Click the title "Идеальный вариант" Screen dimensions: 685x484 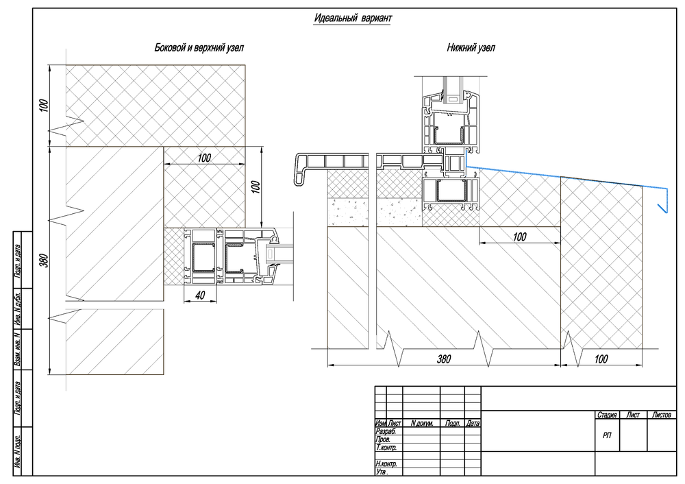coord(353,18)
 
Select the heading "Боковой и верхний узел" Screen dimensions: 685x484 coord(199,48)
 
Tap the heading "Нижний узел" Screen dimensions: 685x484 coord(471,48)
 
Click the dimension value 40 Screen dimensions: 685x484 coord(200,295)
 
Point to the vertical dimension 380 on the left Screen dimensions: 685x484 coord(44,261)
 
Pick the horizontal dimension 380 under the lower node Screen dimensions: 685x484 coord(444,359)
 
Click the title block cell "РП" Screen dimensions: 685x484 coord(607,435)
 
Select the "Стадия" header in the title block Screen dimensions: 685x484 coord(607,415)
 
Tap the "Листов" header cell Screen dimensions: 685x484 coord(662,415)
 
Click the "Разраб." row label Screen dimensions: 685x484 coord(386,431)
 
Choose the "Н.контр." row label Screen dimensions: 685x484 coord(386,463)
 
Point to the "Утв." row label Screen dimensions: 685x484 coord(382,472)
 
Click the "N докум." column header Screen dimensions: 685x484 coord(421,423)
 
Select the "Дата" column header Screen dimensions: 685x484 coord(473,423)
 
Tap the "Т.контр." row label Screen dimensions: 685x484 coord(386,448)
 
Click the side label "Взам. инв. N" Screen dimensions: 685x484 coord(18,350)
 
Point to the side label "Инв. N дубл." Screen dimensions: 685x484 coord(18,308)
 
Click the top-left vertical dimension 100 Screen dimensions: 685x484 coord(44,106)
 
